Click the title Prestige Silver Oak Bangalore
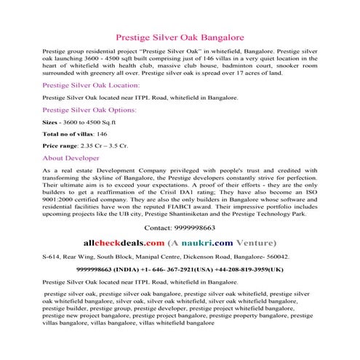tap(180, 36)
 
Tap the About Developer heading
tap(71, 157)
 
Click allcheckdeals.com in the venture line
tap(124, 242)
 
